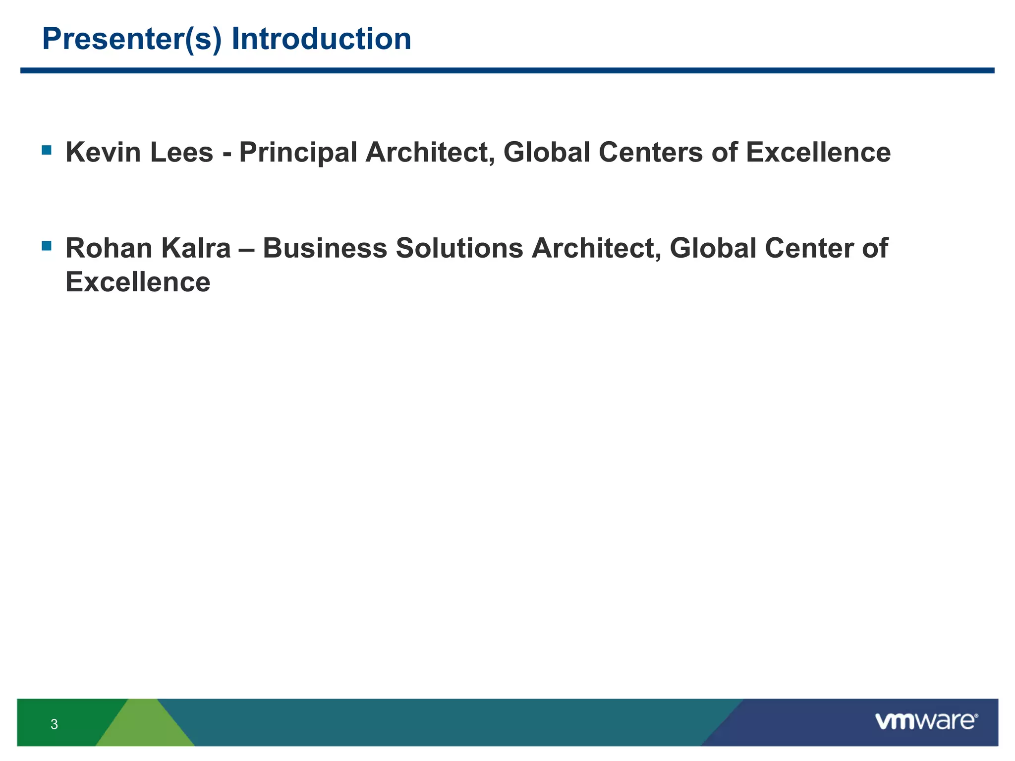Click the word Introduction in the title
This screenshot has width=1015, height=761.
[321, 39]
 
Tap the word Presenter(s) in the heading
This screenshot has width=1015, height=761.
[132, 39]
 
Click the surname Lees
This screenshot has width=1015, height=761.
[181, 152]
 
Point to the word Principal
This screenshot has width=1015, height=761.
[298, 152]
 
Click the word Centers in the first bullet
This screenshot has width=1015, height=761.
[651, 152]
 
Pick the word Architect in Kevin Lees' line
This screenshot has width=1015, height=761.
[430, 152]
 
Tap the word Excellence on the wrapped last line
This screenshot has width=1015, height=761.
[138, 282]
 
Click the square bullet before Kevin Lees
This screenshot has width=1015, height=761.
[47, 150]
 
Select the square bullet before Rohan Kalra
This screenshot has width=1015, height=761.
[47, 245]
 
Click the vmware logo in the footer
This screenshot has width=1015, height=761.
[926, 721]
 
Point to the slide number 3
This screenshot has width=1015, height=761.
[54, 724]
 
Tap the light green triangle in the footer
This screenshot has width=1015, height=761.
[145, 726]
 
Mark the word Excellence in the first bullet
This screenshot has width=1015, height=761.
[818, 152]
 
